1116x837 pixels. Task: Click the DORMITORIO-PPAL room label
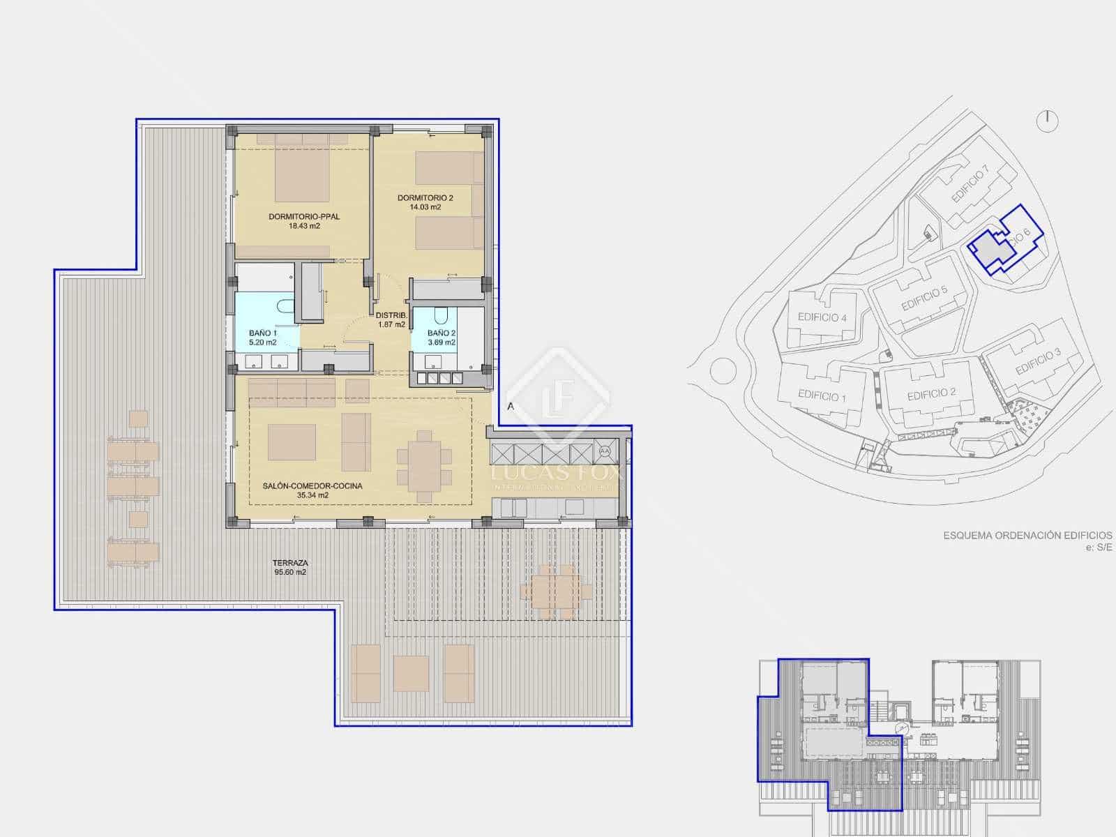(304, 217)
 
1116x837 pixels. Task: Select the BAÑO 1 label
(262, 333)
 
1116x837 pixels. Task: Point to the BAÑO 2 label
(442, 333)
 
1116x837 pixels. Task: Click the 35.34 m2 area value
(312, 495)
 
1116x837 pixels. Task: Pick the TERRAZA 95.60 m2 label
(291, 567)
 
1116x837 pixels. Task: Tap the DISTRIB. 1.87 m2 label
(391, 319)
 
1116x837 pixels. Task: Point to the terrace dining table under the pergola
(555, 591)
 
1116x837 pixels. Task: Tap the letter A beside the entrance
(511, 406)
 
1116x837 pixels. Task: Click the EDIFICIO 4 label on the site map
(822, 318)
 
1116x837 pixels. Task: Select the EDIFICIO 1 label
(822, 396)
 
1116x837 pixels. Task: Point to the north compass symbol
(1047, 121)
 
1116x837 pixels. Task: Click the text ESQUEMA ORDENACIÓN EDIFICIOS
(1027, 536)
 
